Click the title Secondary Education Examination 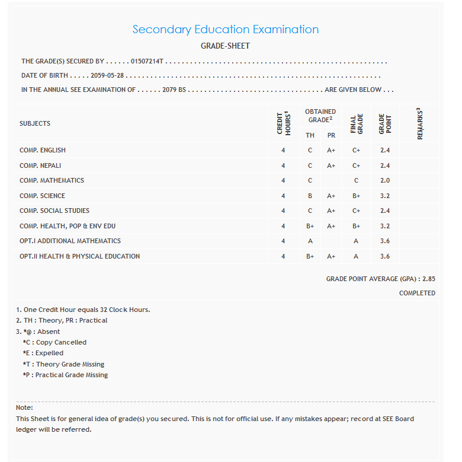pyautogui.click(x=225, y=29)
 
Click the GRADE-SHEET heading pyautogui.click(x=225, y=46)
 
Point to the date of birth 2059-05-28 pyautogui.click(x=107, y=76)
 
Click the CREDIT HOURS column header pyautogui.click(x=283, y=123)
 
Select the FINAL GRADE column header pyautogui.click(x=356, y=123)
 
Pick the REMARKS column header pyautogui.click(x=419, y=123)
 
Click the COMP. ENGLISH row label pyautogui.click(x=43, y=151)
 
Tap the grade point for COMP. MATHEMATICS pyautogui.click(x=385, y=181)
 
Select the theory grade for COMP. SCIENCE pyautogui.click(x=310, y=196)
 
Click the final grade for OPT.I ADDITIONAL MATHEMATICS pyautogui.click(x=356, y=241)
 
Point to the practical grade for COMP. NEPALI pyautogui.click(x=331, y=165)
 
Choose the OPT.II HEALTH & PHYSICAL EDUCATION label pyautogui.click(x=79, y=256)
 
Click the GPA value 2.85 pyautogui.click(x=429, y=279)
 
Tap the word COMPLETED pyautogui.click(x=417, y=293)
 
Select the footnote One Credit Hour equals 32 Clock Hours pyautogui.click(x=83, y=310)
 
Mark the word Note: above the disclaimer pyautogui.click(x=24, y=407)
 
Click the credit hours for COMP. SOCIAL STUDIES pyautogui.click(x=283, y=211)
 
